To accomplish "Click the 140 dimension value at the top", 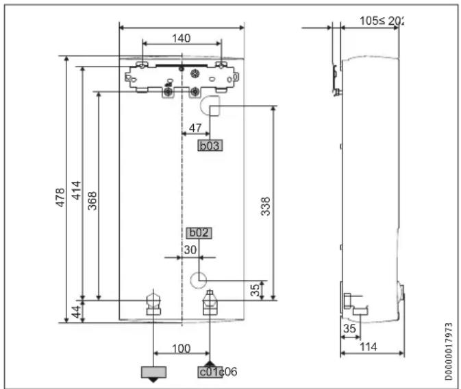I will pyautogui.click(x=182, y=38).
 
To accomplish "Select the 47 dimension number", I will pyautogui.click(x=195, y=128).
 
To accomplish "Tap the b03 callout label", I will pyautogui.click(x=211, y=145).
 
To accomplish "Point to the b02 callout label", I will pyautogui.click(x=199, y=233).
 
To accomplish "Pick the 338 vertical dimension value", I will pyautogui.click(x=266, y=206).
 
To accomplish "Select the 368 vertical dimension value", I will pyautogui.click(x=92, y=200).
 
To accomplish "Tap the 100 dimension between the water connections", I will pyautogui.click(x=181, y=349).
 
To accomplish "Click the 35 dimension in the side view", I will pyautogui.click(x=349, y=329).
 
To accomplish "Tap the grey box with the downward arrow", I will pyautogui.click(x=153, y=373).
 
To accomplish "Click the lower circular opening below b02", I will pyautogui.click(x=198, y=279).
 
